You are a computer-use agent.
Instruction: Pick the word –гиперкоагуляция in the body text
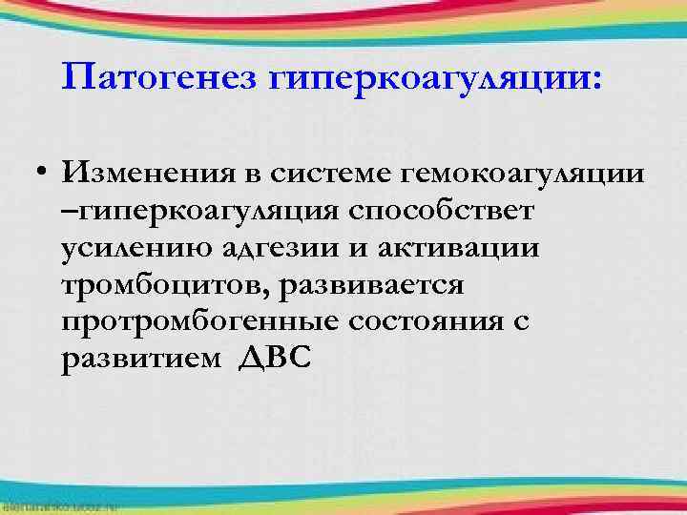click(x=196, y=213)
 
